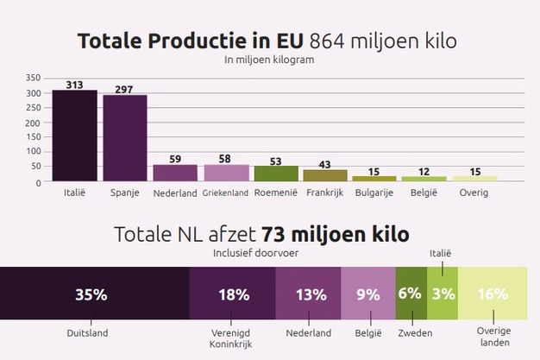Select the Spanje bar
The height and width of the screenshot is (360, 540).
pyautogui.click(x=125, y=138)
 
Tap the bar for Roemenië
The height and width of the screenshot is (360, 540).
pyautogui.click(x=276, y=174)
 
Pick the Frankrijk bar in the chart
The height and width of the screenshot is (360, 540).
pyautogui.click(x=325, y=175)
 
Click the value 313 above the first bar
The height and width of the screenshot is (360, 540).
pyautogui.click(x=74, y=84)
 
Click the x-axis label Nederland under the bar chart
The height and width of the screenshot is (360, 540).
pyautogui.click(x=175, y=193)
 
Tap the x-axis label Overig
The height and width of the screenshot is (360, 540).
pyautogui.click(x=474, y=193)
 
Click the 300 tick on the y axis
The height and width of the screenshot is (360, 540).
pyautogui.click(x=33, y=92)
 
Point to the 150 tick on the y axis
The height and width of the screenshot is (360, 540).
pyautogui.click(x=33, y=137)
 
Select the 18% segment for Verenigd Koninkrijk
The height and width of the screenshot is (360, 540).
pyautogui.click(x=233, y=294)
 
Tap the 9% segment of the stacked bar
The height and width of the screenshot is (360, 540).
pyautogui.click(x=368, y=294)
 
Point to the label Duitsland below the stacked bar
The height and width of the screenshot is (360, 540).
pyautogui.click(x=91, y=332)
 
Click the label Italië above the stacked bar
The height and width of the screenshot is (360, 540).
pyautogui.click(x=441, y=253)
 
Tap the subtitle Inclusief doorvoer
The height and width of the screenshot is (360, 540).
pyautogui.click(x=254, y=254)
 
